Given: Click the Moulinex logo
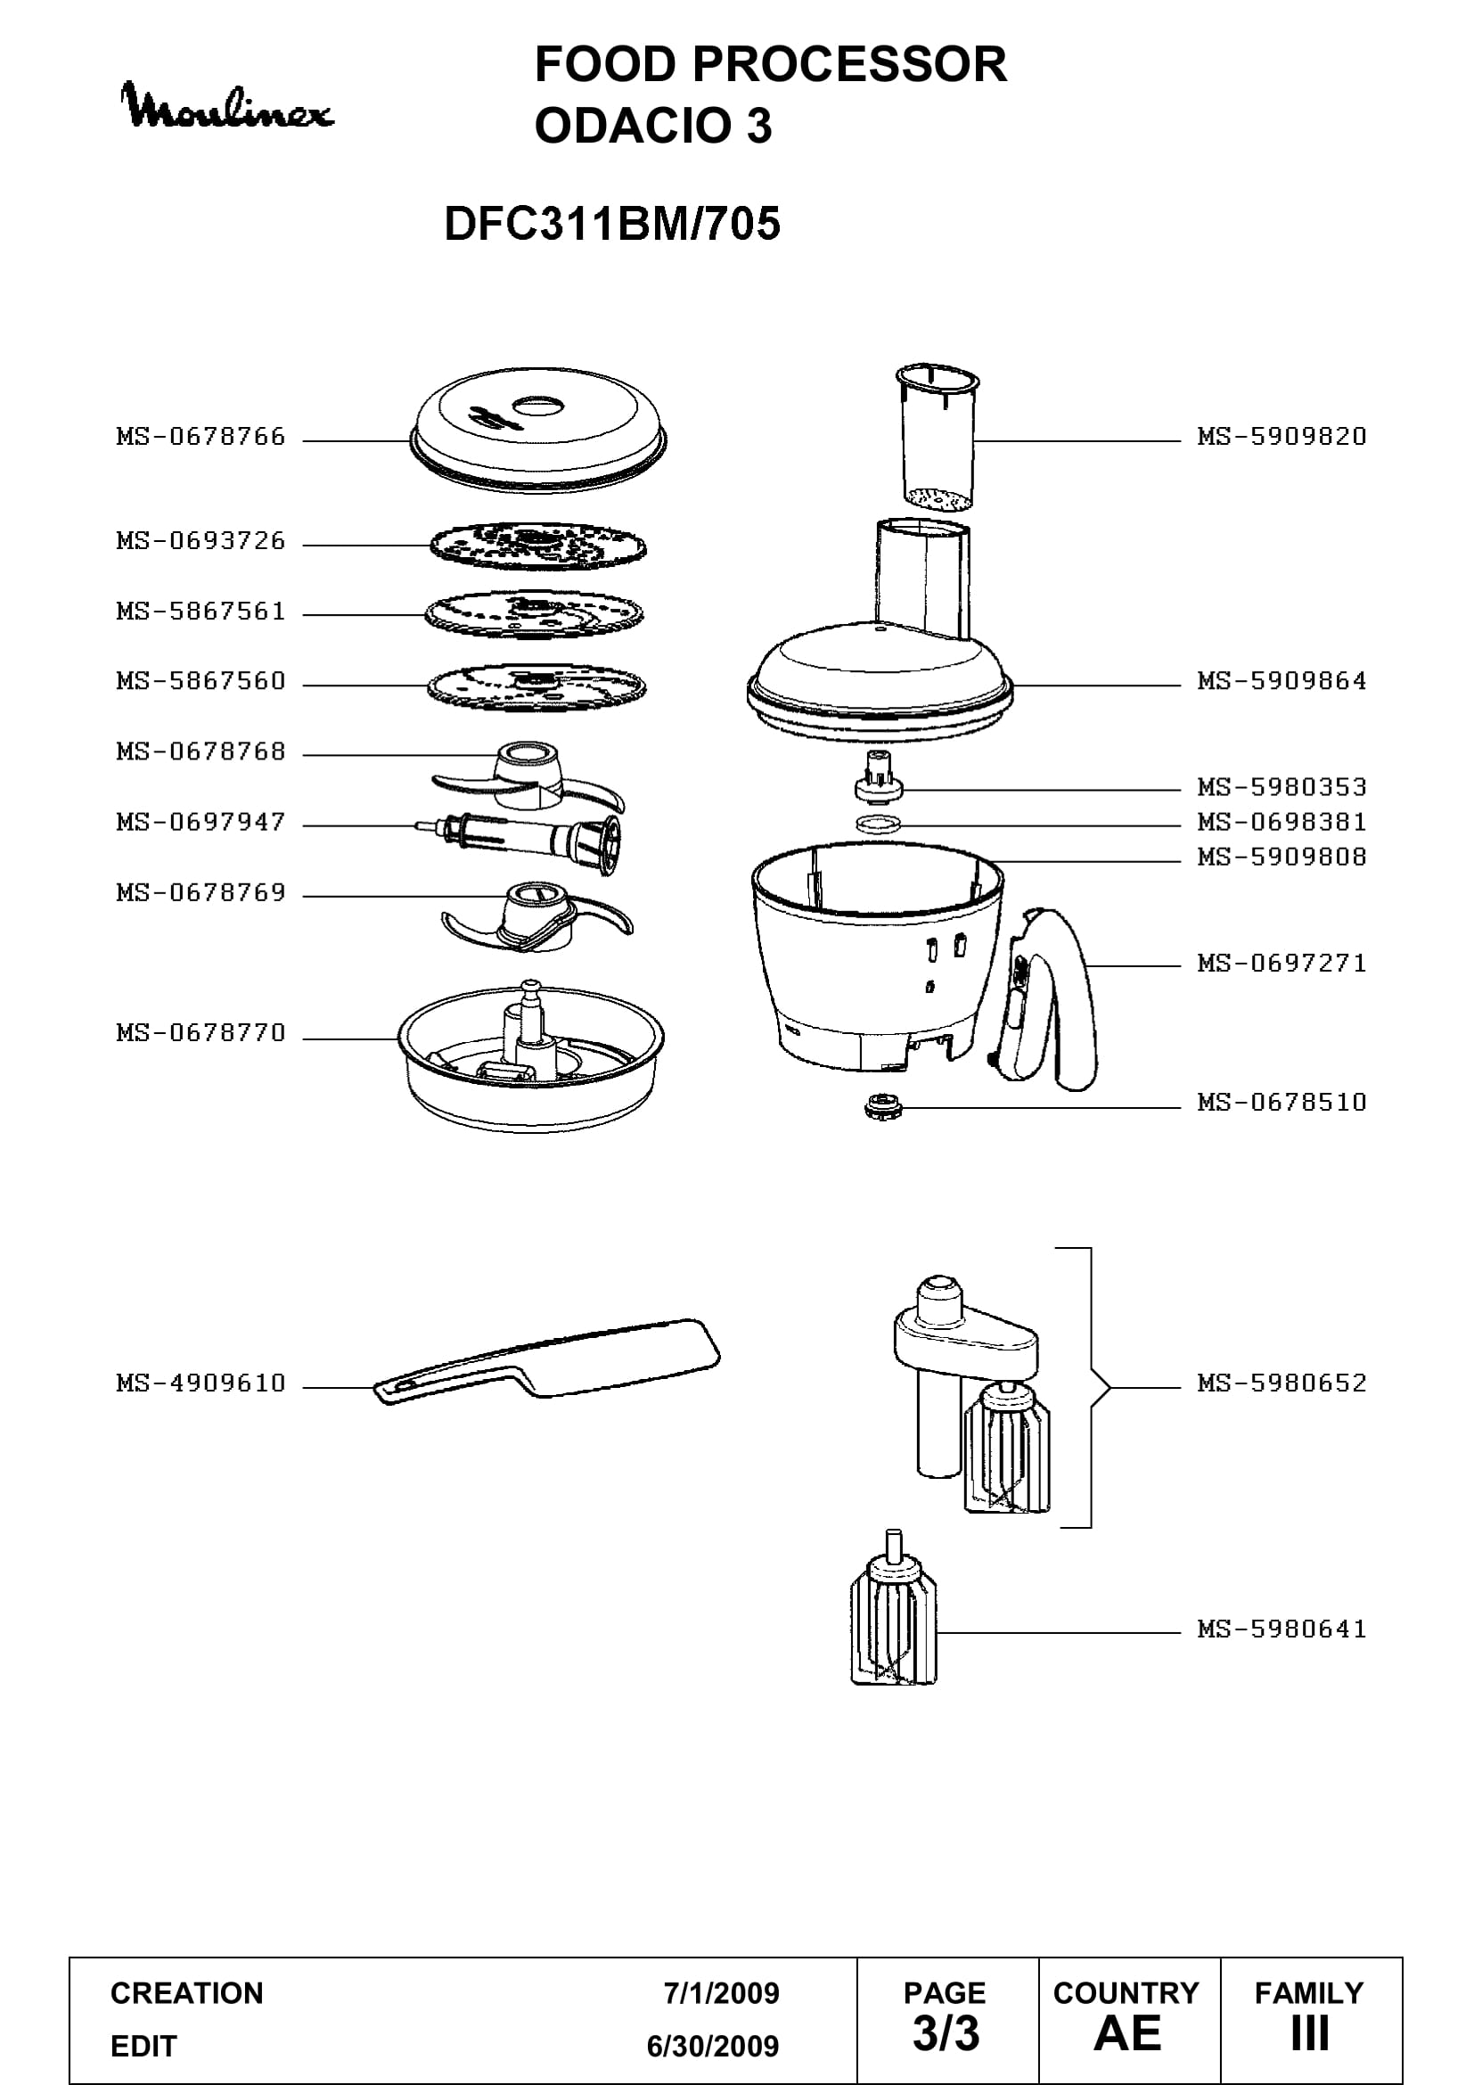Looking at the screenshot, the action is tap(227, 106).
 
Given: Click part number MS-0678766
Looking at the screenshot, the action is tap(201, 437).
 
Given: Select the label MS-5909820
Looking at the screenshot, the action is tap(1282, 437).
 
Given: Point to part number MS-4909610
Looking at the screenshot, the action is tap(201, 1383).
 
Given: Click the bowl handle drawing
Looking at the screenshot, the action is tap(1044, 999).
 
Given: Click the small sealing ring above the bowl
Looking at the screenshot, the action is tap(880, 825).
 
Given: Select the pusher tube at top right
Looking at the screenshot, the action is tap(938, 437).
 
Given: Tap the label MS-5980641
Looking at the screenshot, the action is tap(1282, 1629).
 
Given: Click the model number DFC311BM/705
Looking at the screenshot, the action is tap(611, 224).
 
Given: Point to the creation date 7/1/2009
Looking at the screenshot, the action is tap(722, 1993).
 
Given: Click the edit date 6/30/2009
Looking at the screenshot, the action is tap(713, 2046).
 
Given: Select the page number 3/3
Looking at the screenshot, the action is tap(946, 2033).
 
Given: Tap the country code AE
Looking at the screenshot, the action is tap(1127, 2033).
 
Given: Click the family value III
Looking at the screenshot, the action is tap(1310, 2033).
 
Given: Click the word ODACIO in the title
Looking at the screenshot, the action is tap(634, 126).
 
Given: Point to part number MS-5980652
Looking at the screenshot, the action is tap(1282, 1383).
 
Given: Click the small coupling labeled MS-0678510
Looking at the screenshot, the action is tap(880, 1108).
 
